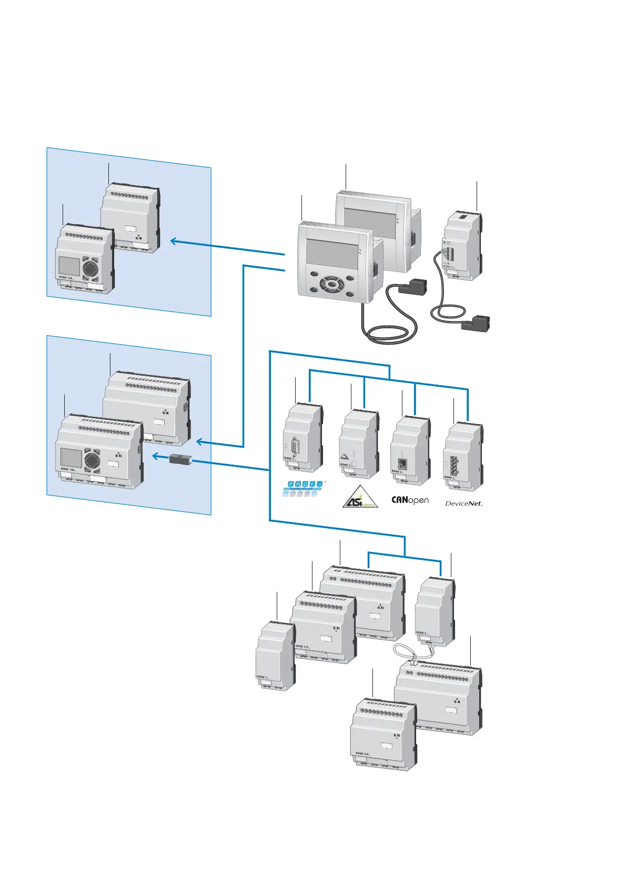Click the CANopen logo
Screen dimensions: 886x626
pyautogui.click(x=410, y=500)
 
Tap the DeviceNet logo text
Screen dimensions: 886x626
pyautogui.click(x=463, y=504)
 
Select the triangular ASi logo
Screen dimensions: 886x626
pyautogui.click(x=360, y=497)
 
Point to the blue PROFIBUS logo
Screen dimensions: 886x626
pyautogui.click(x=301, y=488)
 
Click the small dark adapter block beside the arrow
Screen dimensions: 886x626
pyautogui.click(x=181, y=459)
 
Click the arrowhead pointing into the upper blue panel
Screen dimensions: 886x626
pyautogui.click(x=174, y=241)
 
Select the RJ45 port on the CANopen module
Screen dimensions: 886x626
pyautogui.click(x=402, y=464)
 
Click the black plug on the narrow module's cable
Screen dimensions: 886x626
pyautogui.click(x=476, y=322)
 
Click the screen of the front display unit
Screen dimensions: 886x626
pyautogui.click(x=331, y=254)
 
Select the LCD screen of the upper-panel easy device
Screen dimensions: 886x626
pyautogui.click(x=68, y=265)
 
